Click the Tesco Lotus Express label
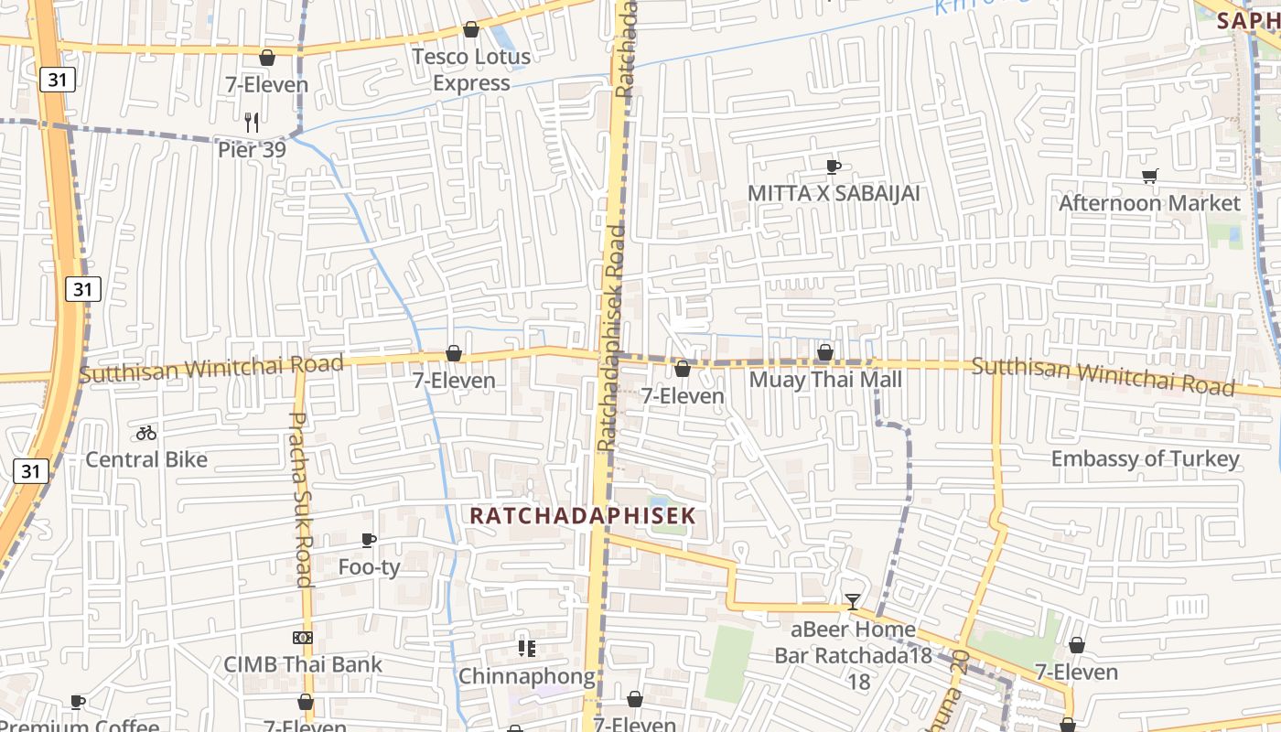click(x=471, y=70)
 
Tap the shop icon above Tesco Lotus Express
click(x=471, y=29)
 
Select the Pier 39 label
click(x=252, y=149)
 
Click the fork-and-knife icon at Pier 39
click(x=252, y=122)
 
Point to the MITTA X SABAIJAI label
click(x=834, y=193)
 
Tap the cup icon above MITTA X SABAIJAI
click(x=834, y=167)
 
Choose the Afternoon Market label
click(x=1149, y=202)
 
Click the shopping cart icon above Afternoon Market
click(x=1149, y=176)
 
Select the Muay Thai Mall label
click(x=825, y=379)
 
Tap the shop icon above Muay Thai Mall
click(x=825, y=352)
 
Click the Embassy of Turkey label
click(x=1145, y=458)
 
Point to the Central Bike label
click(x=146, y=459)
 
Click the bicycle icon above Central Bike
click(x=146, y=433)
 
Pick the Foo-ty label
click(x=369, y=567)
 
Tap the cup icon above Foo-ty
click(x=369, y=540)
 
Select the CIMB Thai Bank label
click(x=303, y=664)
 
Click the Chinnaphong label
click(x=526, y=676)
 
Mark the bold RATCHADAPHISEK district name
click(x=583, y=515)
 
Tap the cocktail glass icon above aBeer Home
click(x=853, y=601)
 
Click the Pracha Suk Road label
click(x=301, y=499)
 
